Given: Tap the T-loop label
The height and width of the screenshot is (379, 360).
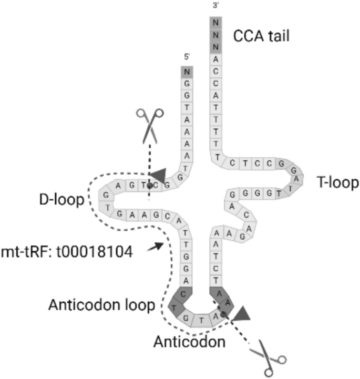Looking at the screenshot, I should click(x=337, y=182).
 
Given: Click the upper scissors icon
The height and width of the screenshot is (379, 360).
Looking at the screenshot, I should click(x=149, y=124).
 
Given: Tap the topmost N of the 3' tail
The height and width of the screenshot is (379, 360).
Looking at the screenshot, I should click(x=215, y=23).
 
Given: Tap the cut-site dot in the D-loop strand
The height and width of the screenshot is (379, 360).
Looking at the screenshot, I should click(x=150, y=186).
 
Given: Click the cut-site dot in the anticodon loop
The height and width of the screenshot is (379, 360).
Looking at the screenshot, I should click(x=224, y=314).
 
